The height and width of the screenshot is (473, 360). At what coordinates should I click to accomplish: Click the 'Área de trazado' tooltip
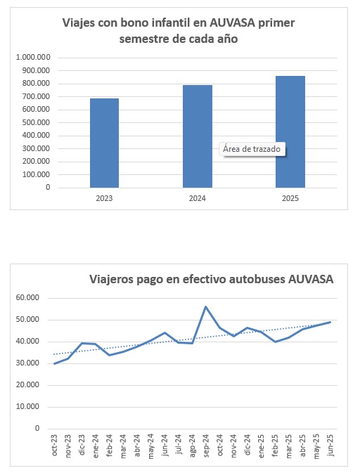[x=252, y=149]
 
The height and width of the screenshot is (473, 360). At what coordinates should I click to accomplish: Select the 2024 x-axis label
[x=198, y=199]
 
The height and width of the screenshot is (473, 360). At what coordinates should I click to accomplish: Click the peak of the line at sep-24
[x=205, y=306]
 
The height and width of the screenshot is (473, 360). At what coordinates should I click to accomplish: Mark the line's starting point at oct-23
[x=55, y=363]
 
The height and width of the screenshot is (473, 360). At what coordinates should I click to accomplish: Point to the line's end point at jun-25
[x=330, y=322]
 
